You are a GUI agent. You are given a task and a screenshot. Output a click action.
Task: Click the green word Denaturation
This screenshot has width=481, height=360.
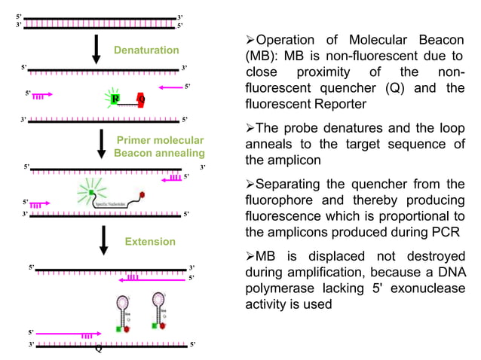(x=146, y=50)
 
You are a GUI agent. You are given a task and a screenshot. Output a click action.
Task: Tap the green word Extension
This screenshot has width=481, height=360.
(x=150, y=242)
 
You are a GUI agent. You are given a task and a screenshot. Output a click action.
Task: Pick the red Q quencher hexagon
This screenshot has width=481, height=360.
(x=141, y=99)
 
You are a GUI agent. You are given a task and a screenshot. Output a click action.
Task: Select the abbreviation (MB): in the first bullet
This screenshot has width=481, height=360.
(x=264, y=56)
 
